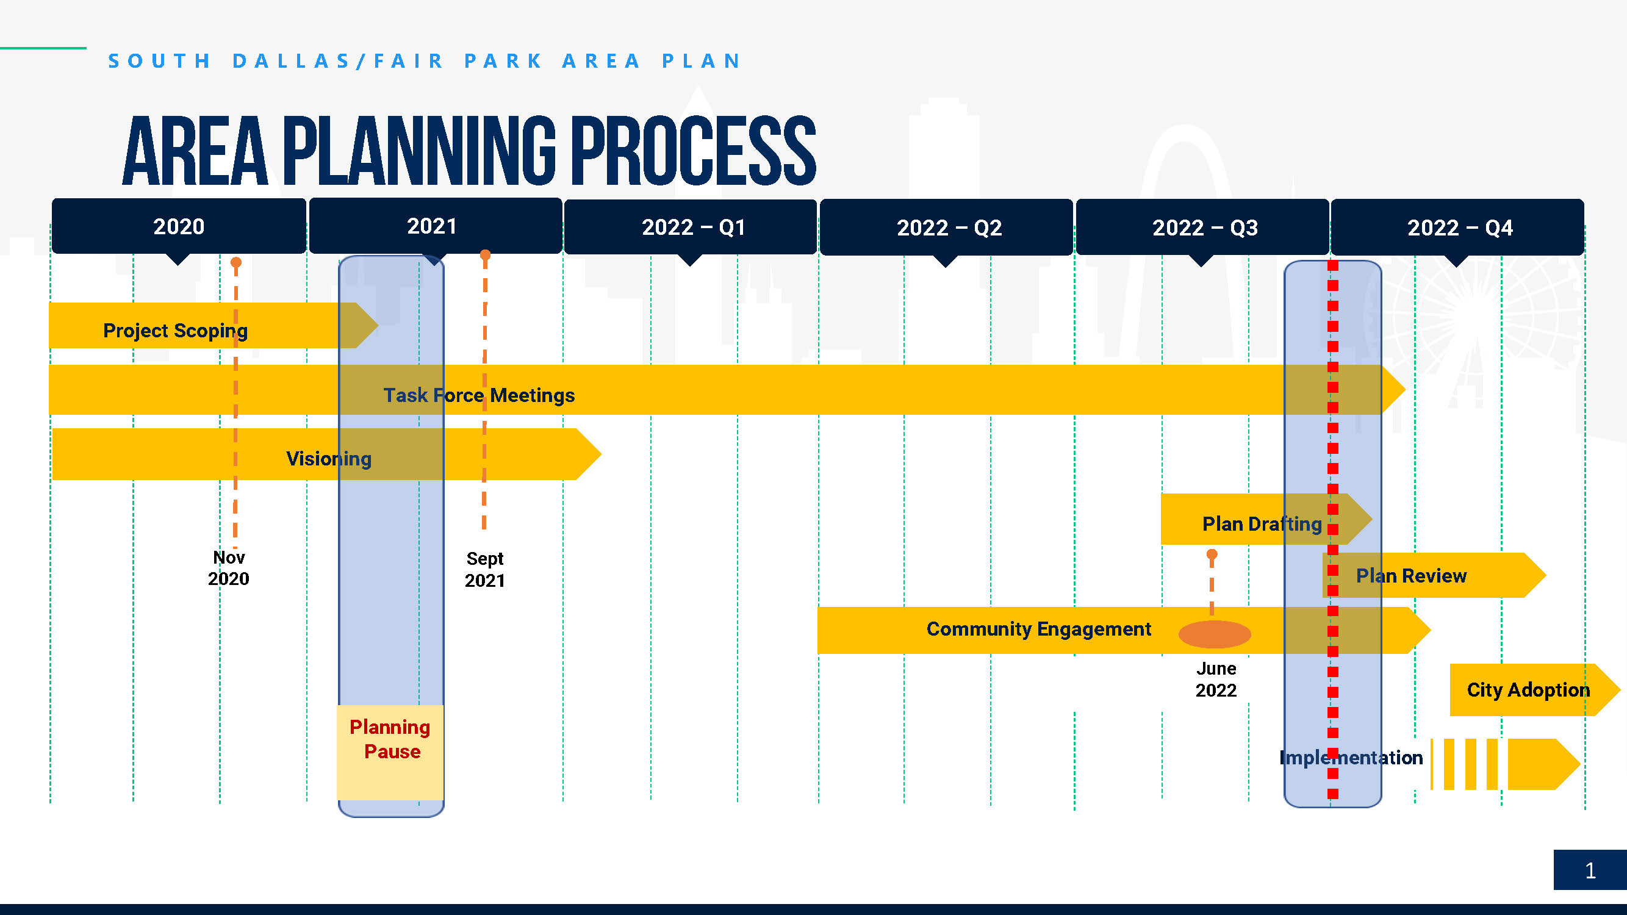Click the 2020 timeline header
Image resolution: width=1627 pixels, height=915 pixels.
(179, 226)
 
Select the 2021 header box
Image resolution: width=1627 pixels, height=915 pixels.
(435, 226)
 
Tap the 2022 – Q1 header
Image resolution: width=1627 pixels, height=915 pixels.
(691, 227)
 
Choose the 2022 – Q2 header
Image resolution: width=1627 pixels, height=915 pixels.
(946, 228)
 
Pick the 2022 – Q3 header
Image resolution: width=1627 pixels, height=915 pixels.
(1202, 228)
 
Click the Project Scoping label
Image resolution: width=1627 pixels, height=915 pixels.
(176, 331)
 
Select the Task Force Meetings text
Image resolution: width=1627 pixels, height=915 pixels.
(479, 395)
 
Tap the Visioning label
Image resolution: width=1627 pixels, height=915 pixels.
(328, 459)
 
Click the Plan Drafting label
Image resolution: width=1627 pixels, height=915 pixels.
(1262, 524)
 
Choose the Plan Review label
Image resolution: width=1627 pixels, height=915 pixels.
(1411, 576)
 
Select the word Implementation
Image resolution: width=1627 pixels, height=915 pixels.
(1351, 758)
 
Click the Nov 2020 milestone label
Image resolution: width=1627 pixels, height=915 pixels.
(229, 568)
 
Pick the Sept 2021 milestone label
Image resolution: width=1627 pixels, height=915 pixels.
(485, 570)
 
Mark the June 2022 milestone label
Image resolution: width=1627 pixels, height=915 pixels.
(1216, 680)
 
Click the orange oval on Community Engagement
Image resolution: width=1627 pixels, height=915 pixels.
(1215, 634)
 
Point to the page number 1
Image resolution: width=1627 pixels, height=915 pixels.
(1590, 871)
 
